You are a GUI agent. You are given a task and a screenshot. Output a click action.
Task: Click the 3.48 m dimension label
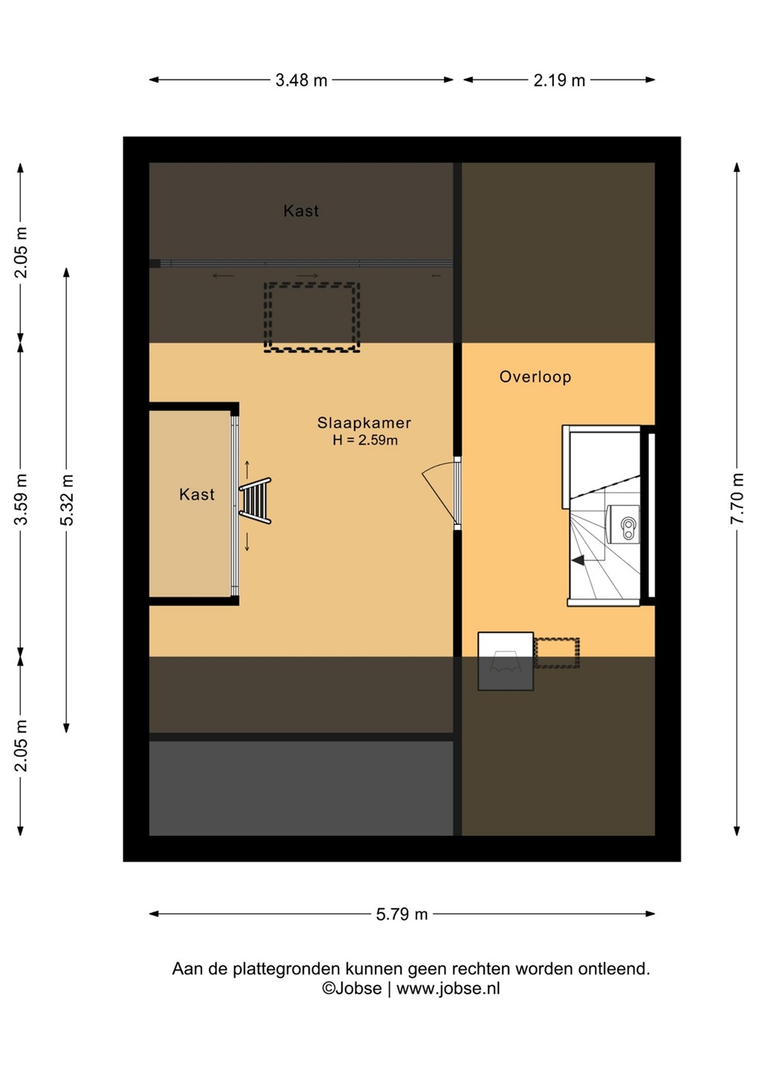(x=301, y=80)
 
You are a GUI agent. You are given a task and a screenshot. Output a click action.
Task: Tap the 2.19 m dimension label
(x=559, y=80)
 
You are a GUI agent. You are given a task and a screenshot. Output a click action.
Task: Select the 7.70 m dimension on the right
(x=737, y=498)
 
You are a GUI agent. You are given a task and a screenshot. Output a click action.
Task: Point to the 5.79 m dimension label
(x=402, y=914)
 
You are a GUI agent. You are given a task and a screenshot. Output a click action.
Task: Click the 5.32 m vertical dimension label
(x=67, y=500)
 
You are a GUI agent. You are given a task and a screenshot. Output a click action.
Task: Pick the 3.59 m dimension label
(x=21, y=500)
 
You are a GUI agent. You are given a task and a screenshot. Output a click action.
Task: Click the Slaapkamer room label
(x=364, y=422)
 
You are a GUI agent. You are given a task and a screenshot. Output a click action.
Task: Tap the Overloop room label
(x=535, y=377)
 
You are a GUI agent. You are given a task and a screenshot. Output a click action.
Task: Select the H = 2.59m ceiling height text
(x=365, y=440)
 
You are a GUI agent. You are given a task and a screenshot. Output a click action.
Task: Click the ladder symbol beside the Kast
(x=255, y=501)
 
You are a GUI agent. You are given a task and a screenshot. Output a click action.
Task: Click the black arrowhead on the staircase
(x=578, y=560)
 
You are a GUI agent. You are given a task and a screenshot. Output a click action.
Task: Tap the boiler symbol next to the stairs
(x=623, y=524)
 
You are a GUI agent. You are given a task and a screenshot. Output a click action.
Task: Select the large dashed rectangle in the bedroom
(x=312, y=318)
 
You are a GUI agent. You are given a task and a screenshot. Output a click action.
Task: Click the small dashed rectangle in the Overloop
(x=556, y=653)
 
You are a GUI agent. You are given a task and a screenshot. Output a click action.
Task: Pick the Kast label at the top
(x=301, y=211)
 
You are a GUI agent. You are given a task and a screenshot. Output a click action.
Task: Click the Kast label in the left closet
(x=197, y=495)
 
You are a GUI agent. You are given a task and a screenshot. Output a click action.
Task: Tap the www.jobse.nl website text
(x=448, y=988)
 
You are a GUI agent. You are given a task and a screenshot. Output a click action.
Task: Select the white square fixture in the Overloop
(x=506, y=661)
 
